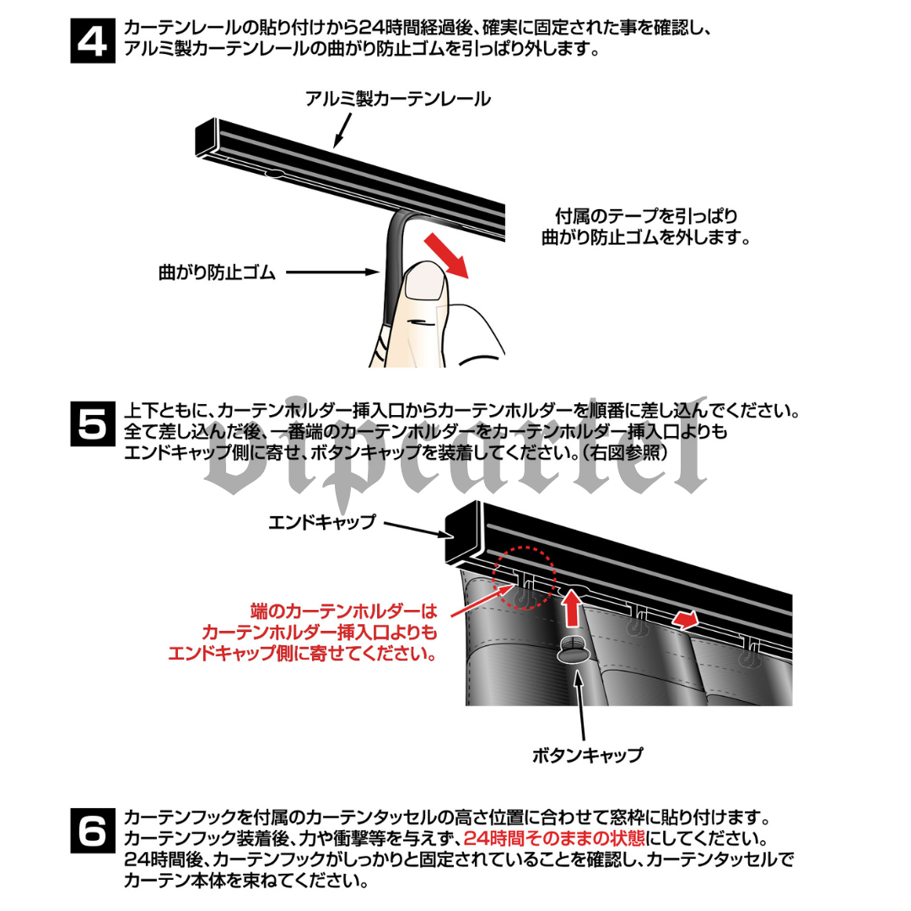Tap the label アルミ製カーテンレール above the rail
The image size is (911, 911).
398,100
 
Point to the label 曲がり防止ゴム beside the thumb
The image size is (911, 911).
217,272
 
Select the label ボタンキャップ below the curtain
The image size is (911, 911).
587,755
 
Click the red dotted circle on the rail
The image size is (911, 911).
526,577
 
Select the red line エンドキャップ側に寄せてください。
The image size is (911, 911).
302,654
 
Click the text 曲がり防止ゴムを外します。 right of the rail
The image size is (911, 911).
645,238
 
